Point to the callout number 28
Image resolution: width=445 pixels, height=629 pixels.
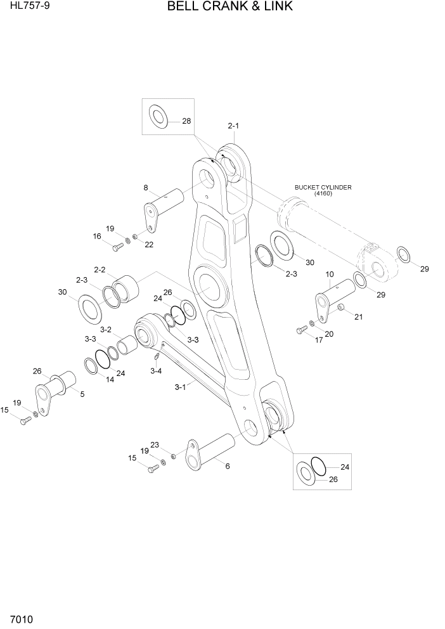186,121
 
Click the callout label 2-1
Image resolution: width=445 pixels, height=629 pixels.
233,126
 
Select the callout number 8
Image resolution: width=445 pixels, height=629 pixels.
145,188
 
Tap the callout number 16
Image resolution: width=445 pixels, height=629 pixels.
97,236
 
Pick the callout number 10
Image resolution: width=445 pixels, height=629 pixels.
330,274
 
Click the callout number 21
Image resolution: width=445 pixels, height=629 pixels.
358,317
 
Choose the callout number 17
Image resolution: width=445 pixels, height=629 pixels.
319,340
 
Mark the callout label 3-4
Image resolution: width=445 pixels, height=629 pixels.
157,370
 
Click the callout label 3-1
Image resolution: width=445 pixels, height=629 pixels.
180,386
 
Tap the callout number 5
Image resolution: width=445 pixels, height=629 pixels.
81,394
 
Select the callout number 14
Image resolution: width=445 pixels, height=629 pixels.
110,380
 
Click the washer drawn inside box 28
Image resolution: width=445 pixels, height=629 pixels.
157,117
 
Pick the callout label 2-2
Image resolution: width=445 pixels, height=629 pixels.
100,269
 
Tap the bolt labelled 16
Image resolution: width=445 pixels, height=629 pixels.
119,245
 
